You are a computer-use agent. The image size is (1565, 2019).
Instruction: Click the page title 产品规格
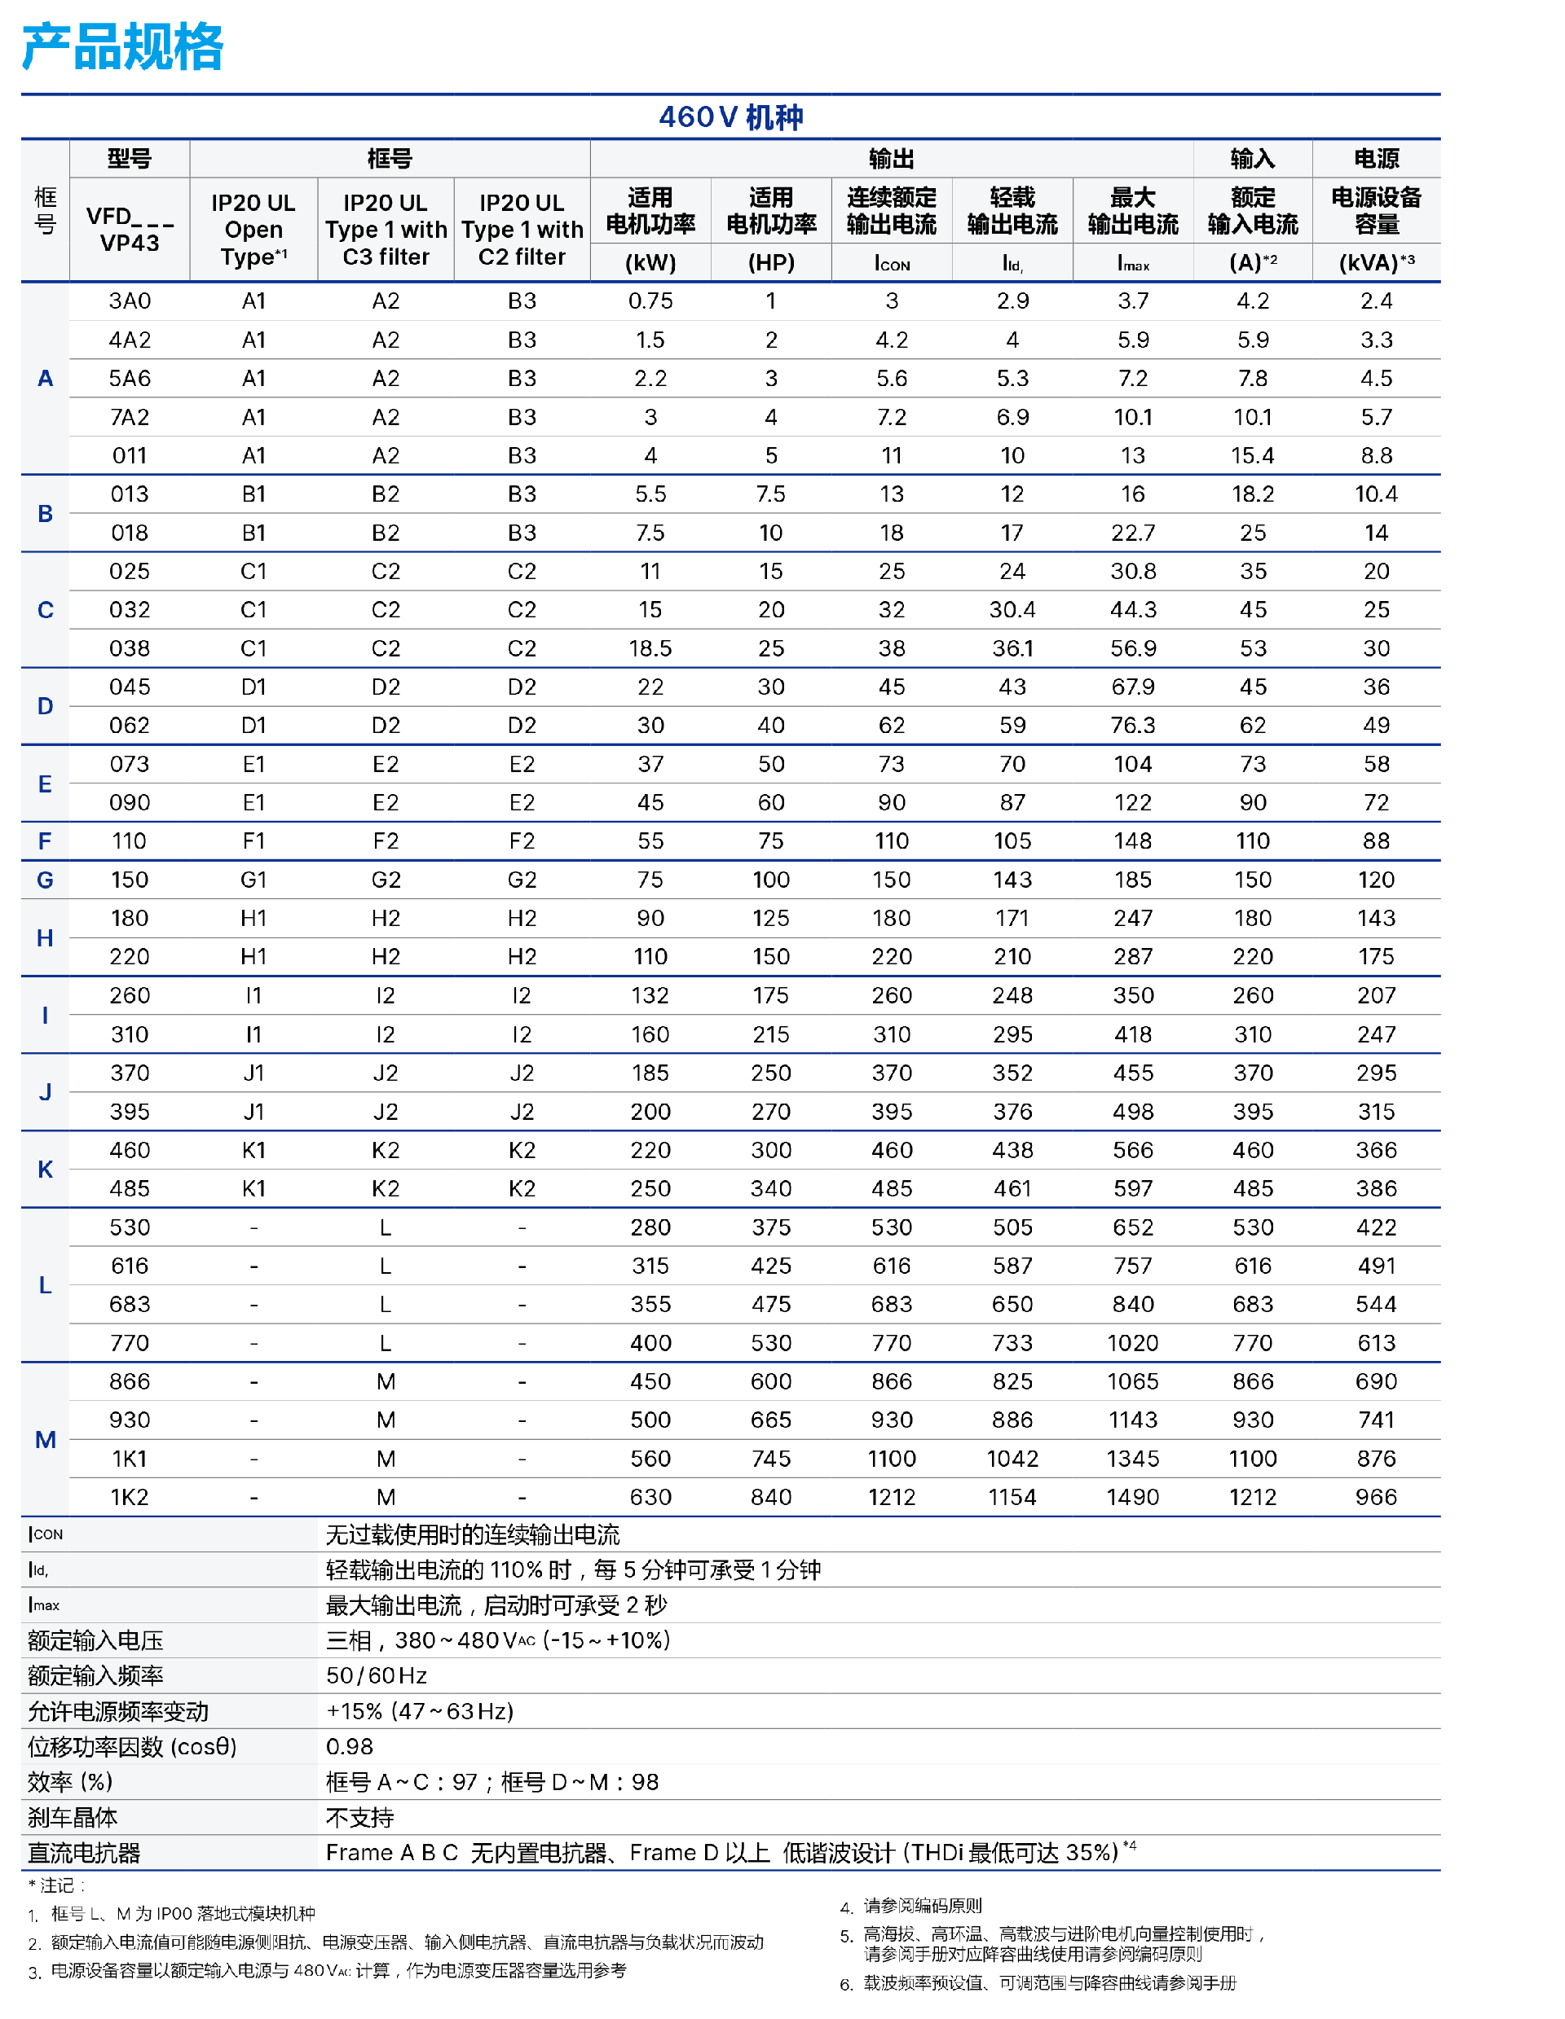(x=122, y=47)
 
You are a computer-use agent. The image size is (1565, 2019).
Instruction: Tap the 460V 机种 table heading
(x=730, y=117)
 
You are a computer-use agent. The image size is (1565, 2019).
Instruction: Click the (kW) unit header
(x=650, y=262)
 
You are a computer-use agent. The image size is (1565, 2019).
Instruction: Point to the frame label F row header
(x=44, y=841)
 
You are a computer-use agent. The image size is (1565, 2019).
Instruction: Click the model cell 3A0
(x=130, y=301)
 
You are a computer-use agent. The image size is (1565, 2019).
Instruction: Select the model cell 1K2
(x=130, y=1497)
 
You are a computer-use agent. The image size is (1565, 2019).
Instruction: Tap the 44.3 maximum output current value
(x=1132, y=610)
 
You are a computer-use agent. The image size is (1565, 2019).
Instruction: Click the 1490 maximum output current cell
(x=1132, y=1497)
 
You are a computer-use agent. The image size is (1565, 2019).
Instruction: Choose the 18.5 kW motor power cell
(x=650, y=649)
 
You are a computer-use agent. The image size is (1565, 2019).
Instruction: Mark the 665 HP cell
(x=770, y=1420)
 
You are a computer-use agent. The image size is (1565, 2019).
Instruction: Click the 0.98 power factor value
(x=350, y=1746)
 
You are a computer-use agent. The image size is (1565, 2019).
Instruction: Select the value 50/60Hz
(x=376, y=1675)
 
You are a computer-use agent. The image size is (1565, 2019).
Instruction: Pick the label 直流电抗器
(x=83, y=1853)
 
